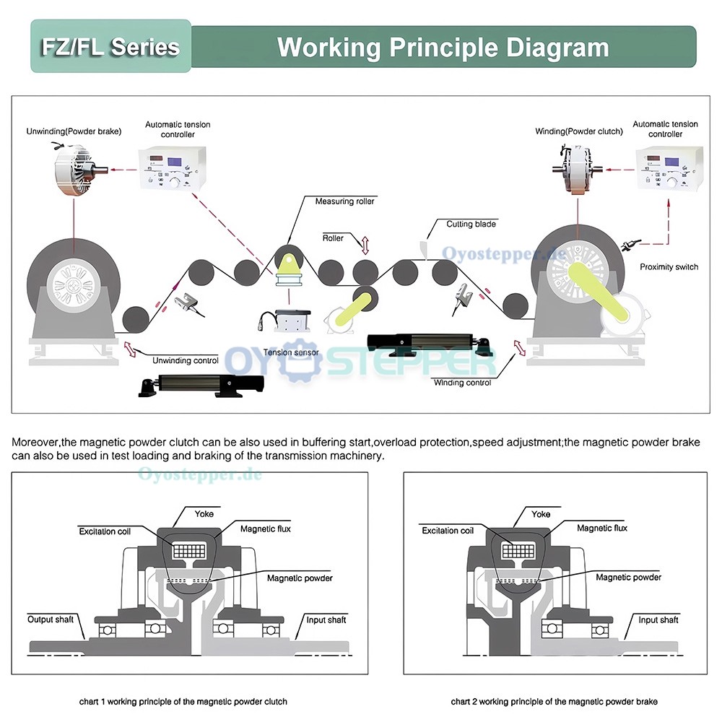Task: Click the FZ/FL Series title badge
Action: (110, 47)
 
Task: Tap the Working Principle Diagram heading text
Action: (443, 48)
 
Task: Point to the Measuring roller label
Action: (344, 201)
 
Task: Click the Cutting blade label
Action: (471, 224)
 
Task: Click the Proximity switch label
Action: (669, 267)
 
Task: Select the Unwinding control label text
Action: (185, 360)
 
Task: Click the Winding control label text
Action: (462, 383)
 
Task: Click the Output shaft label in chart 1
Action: (50, 619)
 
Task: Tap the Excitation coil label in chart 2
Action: (448, 531)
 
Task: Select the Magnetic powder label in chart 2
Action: (628, 577)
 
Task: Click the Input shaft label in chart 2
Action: (658, 619)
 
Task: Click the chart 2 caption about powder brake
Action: (554, 701)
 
